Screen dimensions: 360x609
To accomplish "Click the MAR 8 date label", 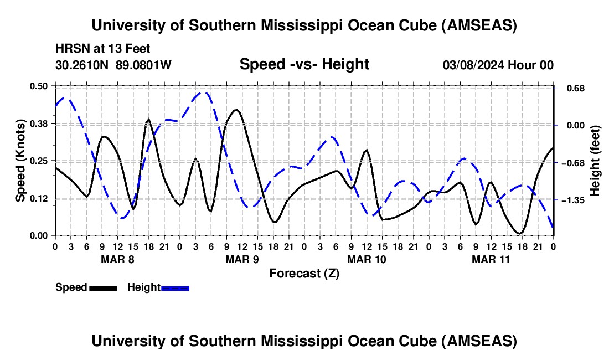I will (x=117, y=259).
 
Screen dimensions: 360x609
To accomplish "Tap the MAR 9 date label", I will (x=242, y=259).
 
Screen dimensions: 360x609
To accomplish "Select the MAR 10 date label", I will (x=367, y=259).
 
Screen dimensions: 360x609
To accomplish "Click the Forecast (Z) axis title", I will (x=304, y=273).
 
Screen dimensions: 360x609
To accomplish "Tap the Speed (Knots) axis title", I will (x=20, y=161).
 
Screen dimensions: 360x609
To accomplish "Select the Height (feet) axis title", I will (x=595, y=161).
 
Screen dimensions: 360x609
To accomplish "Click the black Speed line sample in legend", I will (x=103, y=287).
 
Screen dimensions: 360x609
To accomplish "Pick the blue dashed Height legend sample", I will (x=176, y=287).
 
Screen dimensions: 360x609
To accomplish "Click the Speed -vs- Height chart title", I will (x=304, y=64).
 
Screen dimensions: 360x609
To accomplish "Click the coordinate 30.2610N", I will (x=83, y=65).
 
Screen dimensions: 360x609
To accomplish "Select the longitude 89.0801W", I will (x=144, y=65).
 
